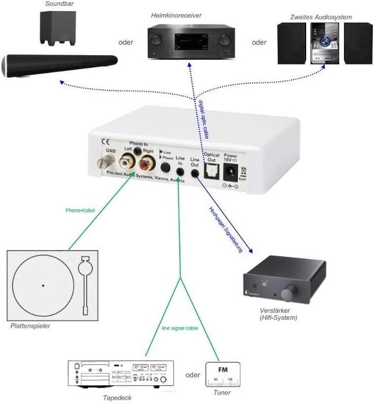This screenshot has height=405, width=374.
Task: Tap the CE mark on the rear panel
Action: [x=106, y=141]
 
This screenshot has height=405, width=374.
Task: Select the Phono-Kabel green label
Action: [x=81, y=211]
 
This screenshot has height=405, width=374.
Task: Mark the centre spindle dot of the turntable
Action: [x=43, y=285]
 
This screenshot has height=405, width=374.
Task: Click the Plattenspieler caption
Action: [x=30, y=326]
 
